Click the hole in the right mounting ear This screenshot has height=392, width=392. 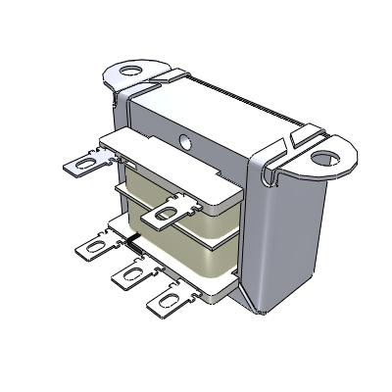[323, 154]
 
